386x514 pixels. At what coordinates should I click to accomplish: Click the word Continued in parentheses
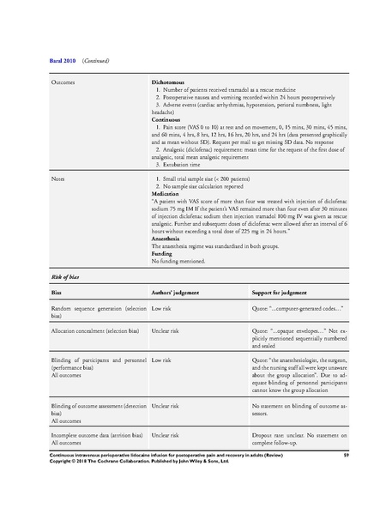click(x=95, y=62)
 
